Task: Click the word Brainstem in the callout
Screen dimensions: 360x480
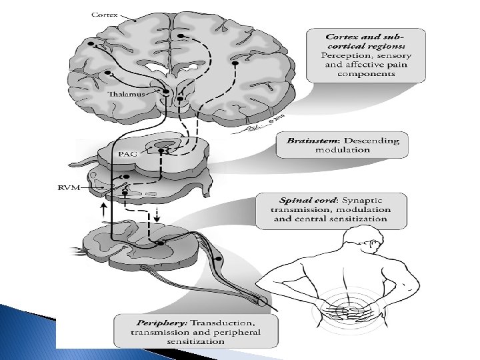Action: (310, 141)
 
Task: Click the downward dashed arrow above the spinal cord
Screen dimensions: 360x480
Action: (157, 215)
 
